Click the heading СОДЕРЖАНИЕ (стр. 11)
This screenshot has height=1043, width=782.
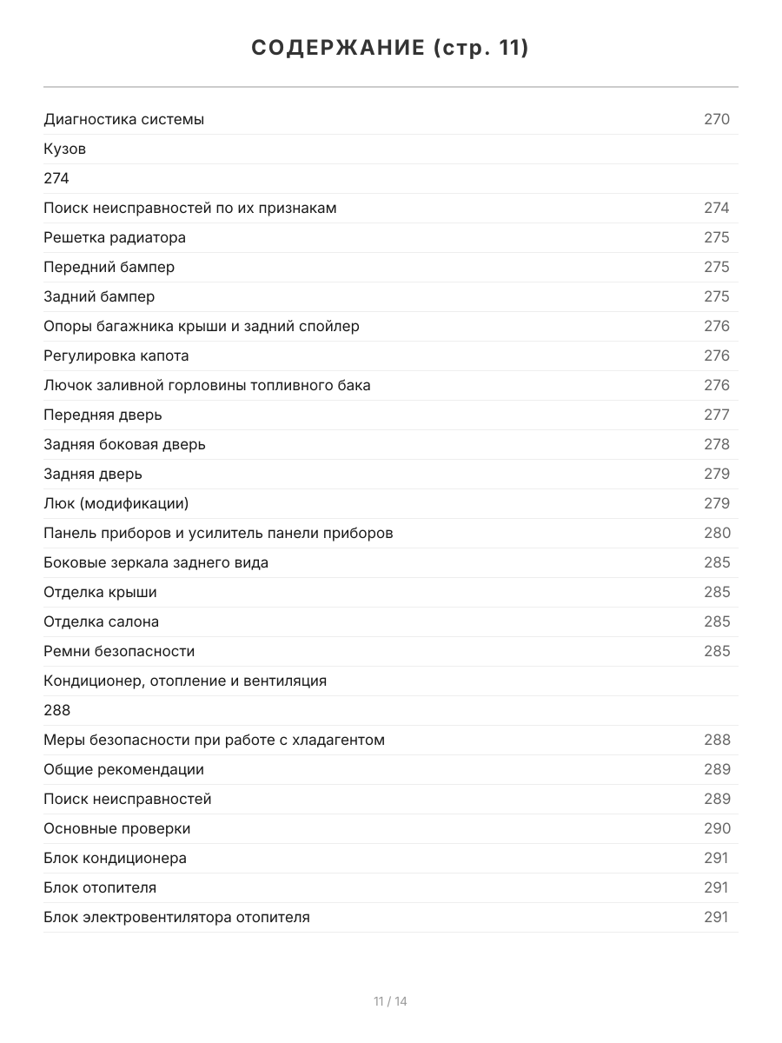[390, 49]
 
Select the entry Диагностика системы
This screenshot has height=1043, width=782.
[124, 119]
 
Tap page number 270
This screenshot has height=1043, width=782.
[717, 119]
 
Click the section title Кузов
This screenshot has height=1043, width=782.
[65, 149]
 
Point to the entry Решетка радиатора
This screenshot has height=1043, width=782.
[115, 237]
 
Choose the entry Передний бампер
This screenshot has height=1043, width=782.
[109, 267]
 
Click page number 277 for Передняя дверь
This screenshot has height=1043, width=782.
[717, 415]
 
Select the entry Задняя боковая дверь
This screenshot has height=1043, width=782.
[125, 444]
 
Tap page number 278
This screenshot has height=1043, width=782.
[717, 444]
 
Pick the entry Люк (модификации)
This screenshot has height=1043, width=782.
[116, 503]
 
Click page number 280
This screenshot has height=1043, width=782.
[717, 533]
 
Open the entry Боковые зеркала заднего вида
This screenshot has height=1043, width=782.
[156, 562]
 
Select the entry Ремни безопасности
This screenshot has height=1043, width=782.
[119, 651]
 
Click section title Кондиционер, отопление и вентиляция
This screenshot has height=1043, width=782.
[185, 681]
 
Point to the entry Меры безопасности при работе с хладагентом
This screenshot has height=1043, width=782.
[215, 740]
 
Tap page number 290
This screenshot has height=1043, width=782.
[717, 828]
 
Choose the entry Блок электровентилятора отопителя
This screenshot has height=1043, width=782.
[177, 917]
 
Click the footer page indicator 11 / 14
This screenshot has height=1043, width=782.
[390, 1001]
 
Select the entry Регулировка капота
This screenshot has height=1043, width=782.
[116, 355]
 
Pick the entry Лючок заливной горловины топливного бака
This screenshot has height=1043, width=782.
[208, 385]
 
